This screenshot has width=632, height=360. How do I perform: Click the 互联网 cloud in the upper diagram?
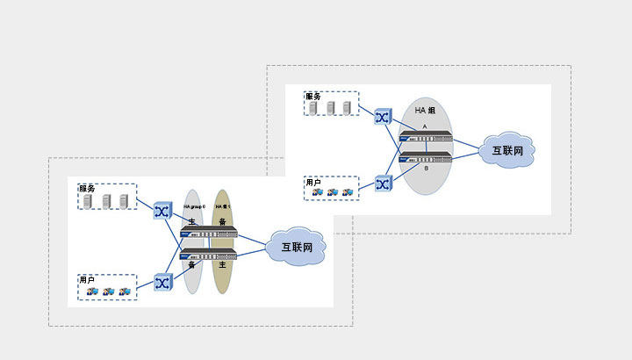click(507, 151)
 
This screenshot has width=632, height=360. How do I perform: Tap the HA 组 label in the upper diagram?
click(427, 112)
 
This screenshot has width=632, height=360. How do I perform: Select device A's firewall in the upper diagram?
click(427, 138)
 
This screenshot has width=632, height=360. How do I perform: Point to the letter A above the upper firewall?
click(425, 126)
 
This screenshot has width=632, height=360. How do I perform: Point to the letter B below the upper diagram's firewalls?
click(425, 168)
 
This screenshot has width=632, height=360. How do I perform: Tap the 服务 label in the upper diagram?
click(313, 95)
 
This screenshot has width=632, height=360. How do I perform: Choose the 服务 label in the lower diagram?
click(86, 189)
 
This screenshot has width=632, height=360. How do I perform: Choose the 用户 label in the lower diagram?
click(86, 279)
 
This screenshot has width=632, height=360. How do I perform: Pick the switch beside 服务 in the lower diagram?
click(162, 211)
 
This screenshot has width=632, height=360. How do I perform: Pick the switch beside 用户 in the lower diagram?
click(162, 282)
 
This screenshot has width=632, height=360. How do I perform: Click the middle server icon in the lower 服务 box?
click(108, 201)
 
